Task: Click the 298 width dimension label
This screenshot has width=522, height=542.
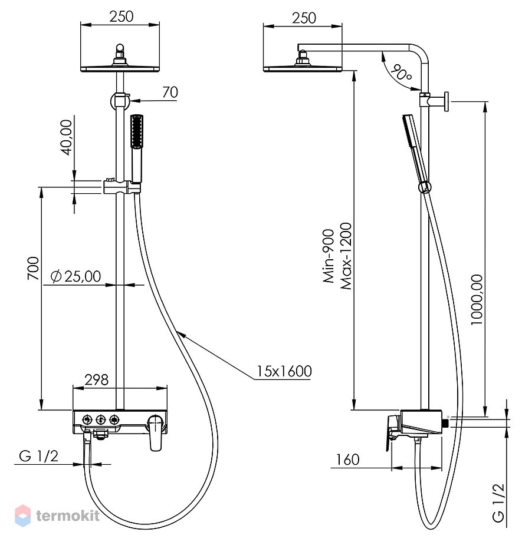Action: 97,379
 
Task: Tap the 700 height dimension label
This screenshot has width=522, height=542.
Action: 34,268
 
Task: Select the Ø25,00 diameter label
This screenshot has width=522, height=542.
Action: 75,276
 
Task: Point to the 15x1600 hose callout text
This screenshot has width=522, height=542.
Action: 284,371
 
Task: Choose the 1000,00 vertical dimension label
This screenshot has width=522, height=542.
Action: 477,299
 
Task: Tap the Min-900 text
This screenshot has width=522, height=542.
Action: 329,256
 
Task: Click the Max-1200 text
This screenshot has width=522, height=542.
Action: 346,256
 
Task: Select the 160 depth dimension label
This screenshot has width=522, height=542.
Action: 348,460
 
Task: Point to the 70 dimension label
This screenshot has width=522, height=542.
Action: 170,92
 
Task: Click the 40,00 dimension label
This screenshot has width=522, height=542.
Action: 66,137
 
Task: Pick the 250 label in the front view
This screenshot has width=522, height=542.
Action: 121,16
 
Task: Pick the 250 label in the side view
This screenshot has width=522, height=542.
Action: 304,18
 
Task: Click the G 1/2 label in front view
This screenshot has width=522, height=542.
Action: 39,456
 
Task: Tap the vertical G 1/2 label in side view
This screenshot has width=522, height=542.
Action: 498,503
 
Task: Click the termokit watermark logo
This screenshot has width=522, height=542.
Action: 57,515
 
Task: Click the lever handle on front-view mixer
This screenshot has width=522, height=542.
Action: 156,434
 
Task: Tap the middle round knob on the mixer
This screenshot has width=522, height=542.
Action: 101,419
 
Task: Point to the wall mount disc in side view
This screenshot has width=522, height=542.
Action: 447,101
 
